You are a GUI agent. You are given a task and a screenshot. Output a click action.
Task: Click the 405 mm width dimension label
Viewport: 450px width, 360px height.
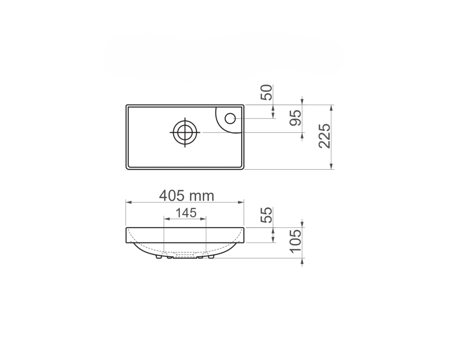point(187,196)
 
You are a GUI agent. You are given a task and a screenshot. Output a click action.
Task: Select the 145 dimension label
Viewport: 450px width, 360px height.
point(186,213)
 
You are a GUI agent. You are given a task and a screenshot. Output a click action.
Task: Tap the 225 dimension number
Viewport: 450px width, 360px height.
point(324,136)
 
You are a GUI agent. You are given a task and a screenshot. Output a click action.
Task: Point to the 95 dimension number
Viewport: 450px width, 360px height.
point(295,118)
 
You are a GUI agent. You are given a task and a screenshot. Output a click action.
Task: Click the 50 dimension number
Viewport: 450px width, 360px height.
point(266,92)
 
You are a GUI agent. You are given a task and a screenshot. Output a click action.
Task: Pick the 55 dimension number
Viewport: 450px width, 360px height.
point(266,215)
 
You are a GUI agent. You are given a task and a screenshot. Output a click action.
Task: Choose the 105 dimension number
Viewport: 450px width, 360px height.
point(295,241)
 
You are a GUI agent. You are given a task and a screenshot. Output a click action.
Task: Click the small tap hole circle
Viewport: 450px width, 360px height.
point(230,118)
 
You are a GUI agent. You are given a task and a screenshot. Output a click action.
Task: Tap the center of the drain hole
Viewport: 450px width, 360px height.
point(185,132)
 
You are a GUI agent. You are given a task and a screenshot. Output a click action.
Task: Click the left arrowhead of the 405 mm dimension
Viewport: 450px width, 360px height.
point(129,202)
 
